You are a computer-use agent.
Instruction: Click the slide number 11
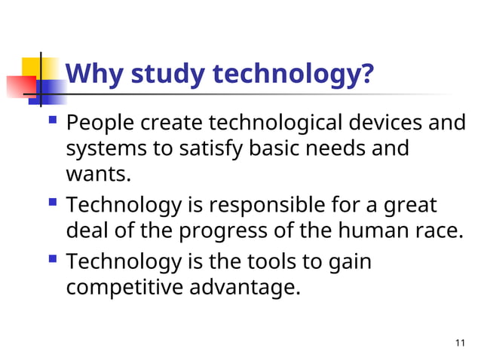(461, 343)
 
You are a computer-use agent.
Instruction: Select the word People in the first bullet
(101, 122)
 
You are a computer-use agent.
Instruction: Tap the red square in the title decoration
(18, 87)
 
